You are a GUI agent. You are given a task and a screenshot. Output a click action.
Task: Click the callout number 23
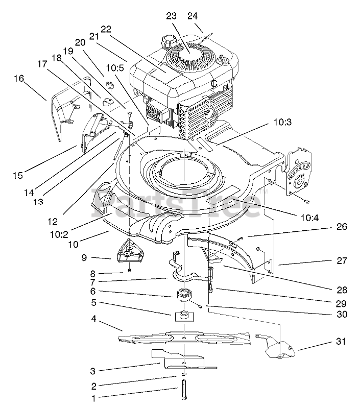coord(171,16)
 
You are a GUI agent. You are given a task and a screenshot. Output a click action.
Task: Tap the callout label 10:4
coord(309,218)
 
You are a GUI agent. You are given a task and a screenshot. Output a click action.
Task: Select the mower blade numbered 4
coord(184,339)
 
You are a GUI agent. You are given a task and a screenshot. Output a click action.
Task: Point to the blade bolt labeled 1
coord(184,390)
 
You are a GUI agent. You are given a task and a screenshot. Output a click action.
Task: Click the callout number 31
coord(341,341)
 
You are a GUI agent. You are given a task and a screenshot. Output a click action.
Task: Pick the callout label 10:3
coord(283,122)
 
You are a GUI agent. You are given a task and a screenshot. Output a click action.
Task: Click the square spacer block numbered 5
coord(184,316)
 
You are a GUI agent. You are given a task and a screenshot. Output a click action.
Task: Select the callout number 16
coord(19,79)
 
